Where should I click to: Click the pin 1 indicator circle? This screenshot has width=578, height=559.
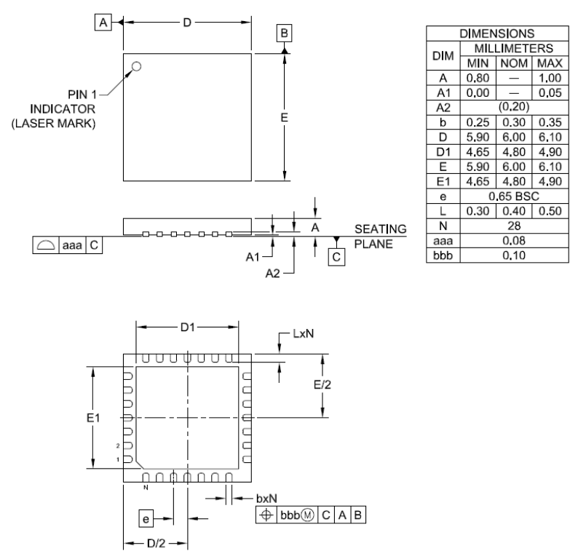pyautogui.click(x=136, y=67)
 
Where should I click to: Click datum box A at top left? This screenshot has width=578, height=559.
pyautogui.click(x=104, y=23)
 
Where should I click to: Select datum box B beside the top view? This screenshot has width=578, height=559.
pyautogui.click(x=285, y=33)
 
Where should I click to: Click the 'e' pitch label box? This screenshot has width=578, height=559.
pyautogui.click(x=147, y=518)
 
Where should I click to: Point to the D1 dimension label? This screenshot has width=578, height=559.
pyautogui.click(x=188, y=328)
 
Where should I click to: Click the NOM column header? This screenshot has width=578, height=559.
pyautogui.click(x=512, y=63)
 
